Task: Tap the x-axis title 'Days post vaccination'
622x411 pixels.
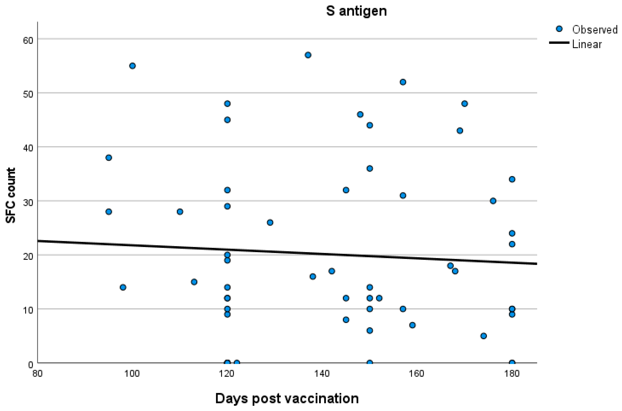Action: [x=287, y=398]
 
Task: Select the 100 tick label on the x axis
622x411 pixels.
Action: [x=132, y=373]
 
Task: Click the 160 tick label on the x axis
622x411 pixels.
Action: [x=417, y=373]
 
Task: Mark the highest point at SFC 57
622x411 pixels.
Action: [x=308, y=55]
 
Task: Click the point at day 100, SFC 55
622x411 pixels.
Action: [x=132, y=66]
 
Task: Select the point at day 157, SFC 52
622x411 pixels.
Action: [x=403, y=82]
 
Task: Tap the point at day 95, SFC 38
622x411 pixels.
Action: [x=109, y=158]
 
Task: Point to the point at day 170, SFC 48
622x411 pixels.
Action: [x=464, y=103]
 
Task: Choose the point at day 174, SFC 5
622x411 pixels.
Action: [x=484, y=336]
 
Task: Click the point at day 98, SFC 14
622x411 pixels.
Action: [x=123, y=287]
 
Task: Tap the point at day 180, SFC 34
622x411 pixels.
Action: [x=512, y=179]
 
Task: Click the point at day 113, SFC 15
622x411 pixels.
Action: [x=194, y=282]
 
